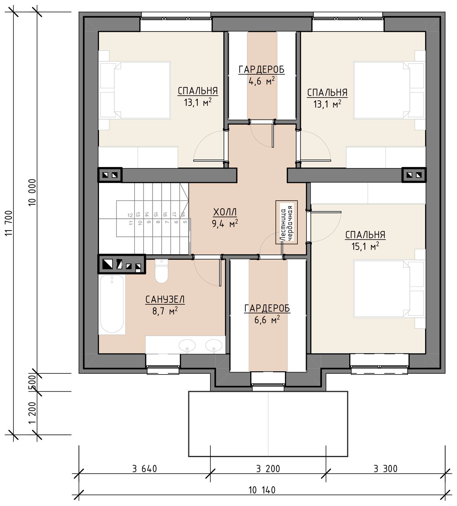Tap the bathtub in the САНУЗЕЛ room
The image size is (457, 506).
click(x=112, y=304)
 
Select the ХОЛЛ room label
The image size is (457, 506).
click(x=225, y=212)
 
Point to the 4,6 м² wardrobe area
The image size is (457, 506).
click(x=262, y=81)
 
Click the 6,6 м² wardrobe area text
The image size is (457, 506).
click(x=267, y=320)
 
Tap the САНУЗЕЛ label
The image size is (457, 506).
click(x=165, y=299)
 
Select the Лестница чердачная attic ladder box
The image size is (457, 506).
click(x=286, y=222)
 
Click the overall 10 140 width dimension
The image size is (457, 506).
click(x=262, y=490)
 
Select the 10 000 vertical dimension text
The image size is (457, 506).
click(x=32, y=192)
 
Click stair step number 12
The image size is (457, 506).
click(x=130, y=215)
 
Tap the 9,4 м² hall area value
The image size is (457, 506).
click(x=225, y=224)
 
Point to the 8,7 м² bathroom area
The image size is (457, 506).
click(x=165, y=311)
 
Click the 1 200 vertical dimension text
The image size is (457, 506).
click(x=32, y=413)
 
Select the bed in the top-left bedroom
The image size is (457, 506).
click(x=135, y=90)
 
